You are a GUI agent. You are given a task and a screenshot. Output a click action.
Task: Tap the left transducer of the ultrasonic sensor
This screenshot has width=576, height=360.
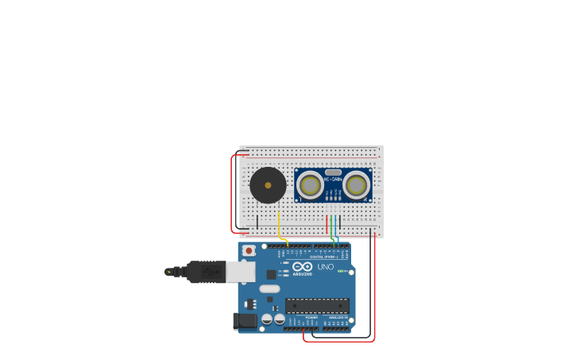point(310,185)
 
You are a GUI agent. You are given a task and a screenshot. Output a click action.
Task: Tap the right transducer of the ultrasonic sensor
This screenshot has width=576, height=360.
point(357,185)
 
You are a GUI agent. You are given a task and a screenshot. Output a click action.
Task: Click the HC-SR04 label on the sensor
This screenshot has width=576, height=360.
point(333,180)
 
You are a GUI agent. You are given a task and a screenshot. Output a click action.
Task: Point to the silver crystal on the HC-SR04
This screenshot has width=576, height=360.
point(333,172)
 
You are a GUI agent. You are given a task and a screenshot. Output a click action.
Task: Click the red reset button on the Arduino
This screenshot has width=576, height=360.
point(249,250)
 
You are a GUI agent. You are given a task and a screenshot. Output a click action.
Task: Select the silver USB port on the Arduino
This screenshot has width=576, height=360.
point(240,272)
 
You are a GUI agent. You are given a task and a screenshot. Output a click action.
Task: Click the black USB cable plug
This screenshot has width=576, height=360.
point(206,272)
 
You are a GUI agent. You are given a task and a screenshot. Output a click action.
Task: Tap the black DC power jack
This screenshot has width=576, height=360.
point(245,320)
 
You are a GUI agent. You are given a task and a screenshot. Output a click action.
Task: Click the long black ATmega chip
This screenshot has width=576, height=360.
point(317,305)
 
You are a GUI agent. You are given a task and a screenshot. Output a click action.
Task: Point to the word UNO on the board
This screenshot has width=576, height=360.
point(326,267)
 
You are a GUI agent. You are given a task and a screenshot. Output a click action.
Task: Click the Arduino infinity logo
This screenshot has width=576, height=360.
point(302,267)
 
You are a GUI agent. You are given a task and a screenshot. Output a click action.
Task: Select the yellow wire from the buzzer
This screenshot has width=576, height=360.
point(278,224)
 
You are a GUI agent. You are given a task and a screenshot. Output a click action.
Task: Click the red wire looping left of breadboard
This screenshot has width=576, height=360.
point(232,195)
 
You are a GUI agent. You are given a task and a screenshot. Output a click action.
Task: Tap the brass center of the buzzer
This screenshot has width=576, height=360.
point(268,186)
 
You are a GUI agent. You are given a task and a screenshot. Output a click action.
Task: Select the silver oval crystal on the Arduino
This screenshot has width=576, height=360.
point(270,288)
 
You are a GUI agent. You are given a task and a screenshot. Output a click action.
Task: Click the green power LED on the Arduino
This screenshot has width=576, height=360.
point(342,271)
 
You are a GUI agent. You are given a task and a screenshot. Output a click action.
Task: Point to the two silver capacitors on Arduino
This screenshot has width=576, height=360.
point(273,319)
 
